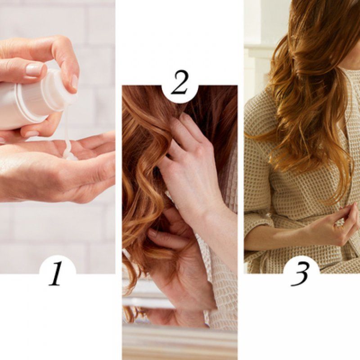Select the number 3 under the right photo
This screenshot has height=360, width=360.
pyautogui.click(x=300, y=274)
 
